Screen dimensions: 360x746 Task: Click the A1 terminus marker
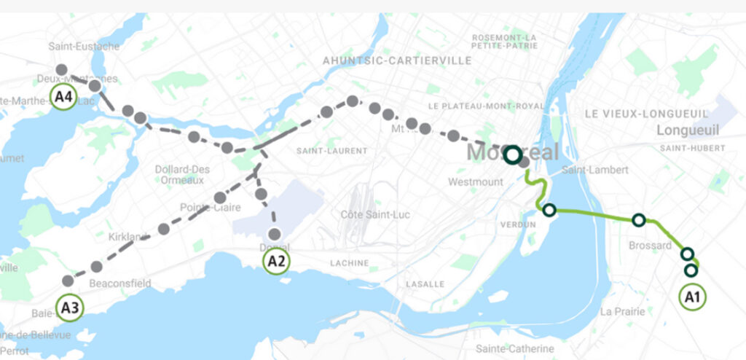[692, 297]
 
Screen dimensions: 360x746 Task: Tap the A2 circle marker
[275, 261]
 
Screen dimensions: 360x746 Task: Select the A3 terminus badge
[70, 308]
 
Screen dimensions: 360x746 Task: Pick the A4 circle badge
[64, 96]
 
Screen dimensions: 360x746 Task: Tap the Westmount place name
[476, 181]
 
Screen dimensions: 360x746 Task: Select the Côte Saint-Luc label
[371, 215]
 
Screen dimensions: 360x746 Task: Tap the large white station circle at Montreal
[514, 154]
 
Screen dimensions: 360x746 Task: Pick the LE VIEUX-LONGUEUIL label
[645, 114]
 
